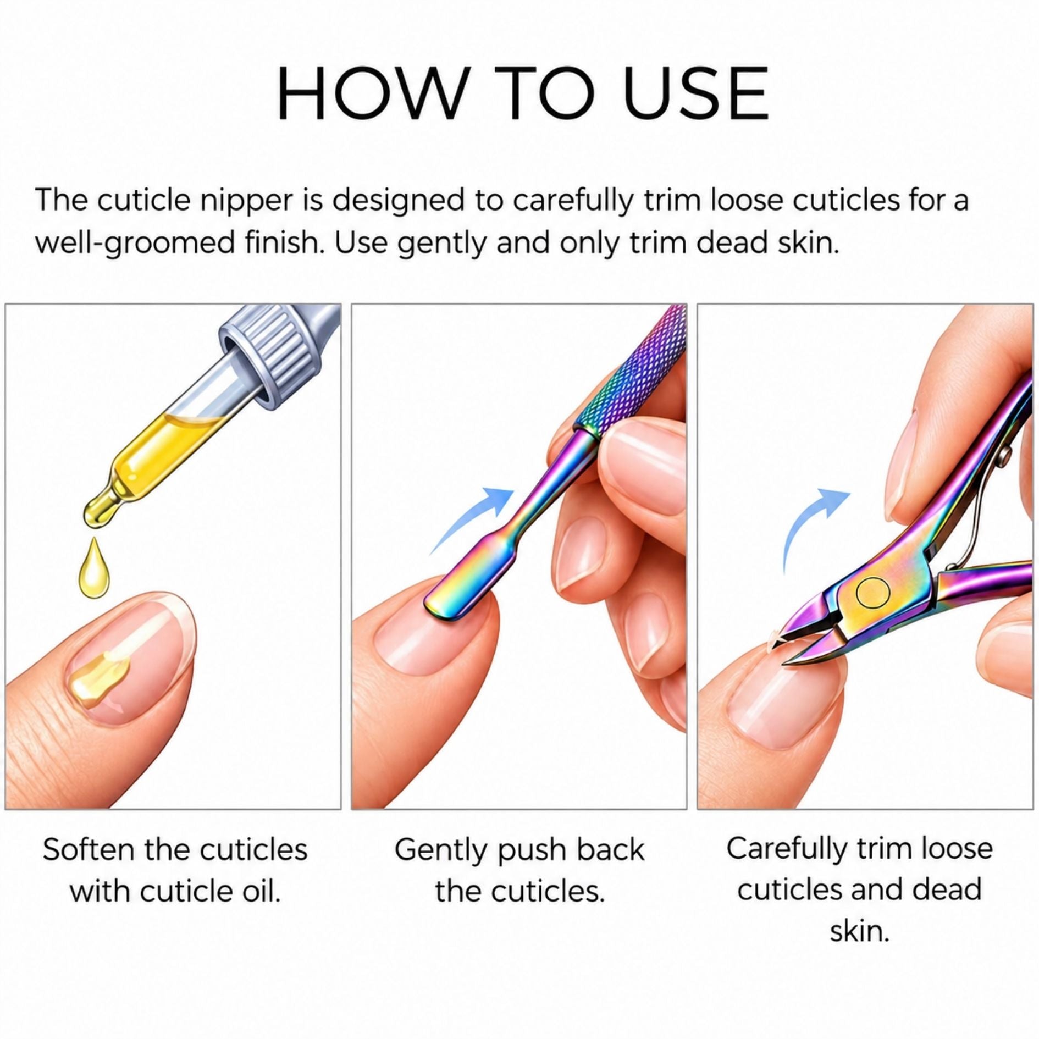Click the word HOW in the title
tap(371, 93)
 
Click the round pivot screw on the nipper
tap(873, 593)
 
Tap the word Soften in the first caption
tap(88, 850)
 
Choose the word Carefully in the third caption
tap(787, 849)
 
